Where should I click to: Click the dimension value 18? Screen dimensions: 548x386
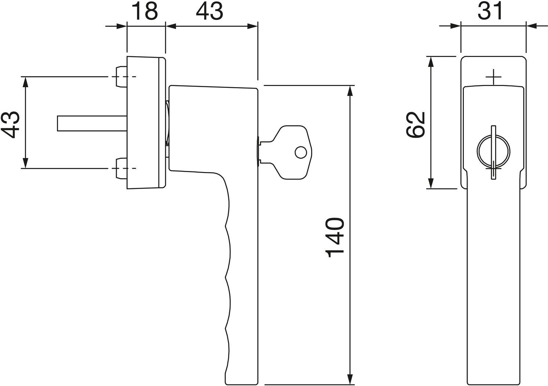pos(145,11)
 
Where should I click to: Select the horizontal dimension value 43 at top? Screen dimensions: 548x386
pos(210,11)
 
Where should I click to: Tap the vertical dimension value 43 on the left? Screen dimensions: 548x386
pos(11,125)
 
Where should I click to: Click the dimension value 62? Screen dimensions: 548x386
pos(415,125)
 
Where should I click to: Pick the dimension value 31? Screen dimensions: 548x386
pos(490,11)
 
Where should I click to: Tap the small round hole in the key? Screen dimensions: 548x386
pos(301,153)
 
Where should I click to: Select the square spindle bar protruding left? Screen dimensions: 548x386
pos(92,124)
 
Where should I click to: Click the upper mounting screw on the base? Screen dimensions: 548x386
pos(121,77)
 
